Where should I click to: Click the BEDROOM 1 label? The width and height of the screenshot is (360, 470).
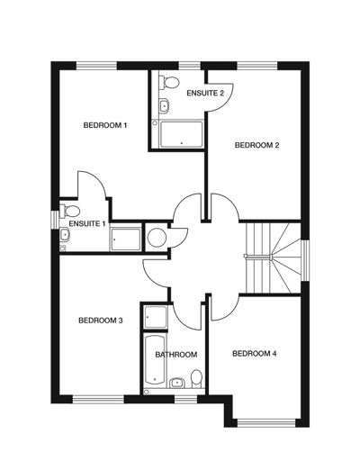coord(104,125)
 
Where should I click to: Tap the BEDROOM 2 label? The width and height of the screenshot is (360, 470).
coord(256,145)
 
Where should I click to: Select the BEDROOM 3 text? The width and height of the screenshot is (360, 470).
coord(100,320)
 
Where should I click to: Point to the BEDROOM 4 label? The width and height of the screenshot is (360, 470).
coord(254,354)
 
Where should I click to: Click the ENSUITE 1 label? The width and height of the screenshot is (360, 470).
coord(87,223)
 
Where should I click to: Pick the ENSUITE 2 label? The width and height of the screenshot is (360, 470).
coord(205,93)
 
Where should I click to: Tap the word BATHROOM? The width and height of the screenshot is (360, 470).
coord(175,355)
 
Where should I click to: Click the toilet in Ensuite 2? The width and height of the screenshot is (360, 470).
coord(166,84)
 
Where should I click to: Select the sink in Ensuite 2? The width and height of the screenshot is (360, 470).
coord(163,106)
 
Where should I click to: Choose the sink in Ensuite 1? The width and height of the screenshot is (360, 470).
coord(65,236)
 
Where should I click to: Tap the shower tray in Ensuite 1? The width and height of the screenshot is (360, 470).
coord(124,240)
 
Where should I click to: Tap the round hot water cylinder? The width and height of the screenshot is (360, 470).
coord(156,238)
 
